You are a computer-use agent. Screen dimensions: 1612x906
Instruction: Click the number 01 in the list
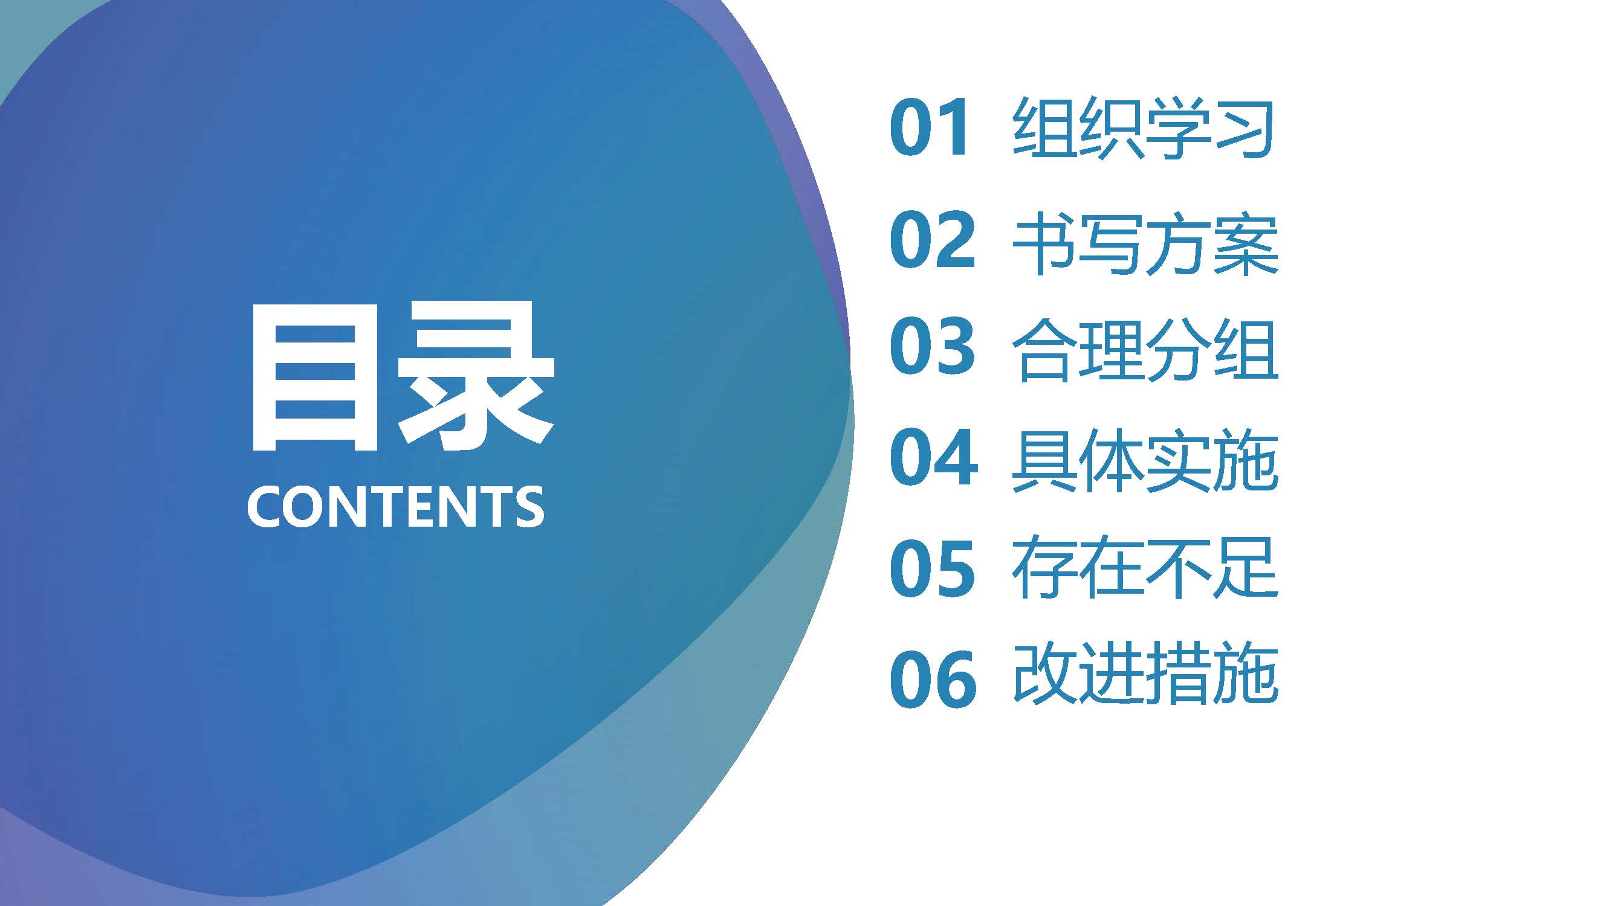(x=931, y=127)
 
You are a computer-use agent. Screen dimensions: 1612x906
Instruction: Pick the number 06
(x=933, y=679)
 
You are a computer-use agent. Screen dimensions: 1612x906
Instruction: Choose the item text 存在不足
(x=1145, y=568)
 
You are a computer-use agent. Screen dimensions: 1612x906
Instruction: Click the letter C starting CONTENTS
(x=265, y=507)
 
